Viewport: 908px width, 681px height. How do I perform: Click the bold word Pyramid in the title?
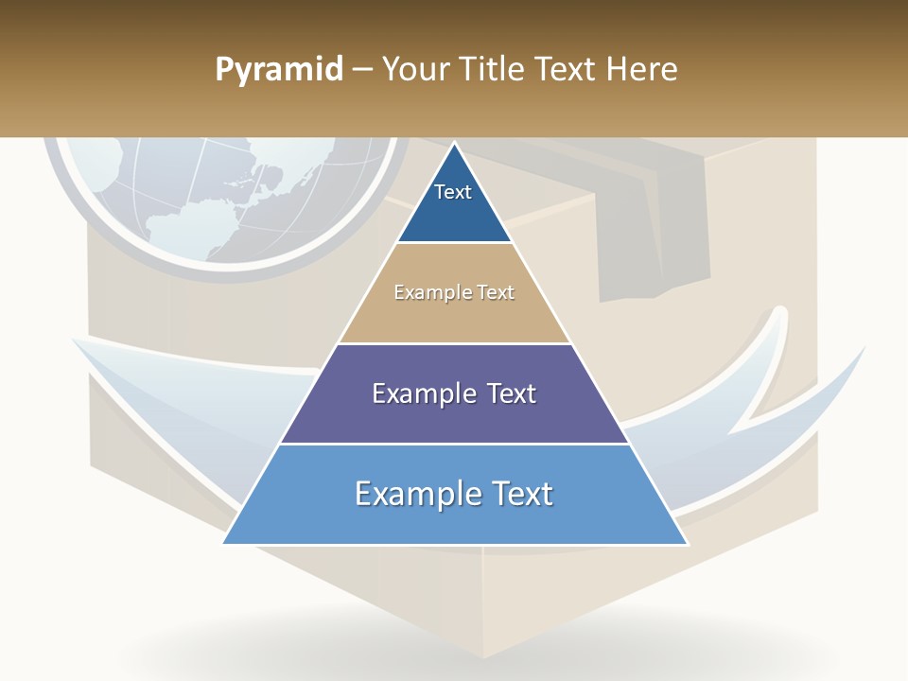tap(279, 70)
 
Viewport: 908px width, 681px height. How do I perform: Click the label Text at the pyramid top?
tap(453, 192)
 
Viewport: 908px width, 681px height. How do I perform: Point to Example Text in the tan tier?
tap(454, 292)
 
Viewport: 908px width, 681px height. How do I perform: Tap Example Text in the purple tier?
tap(454, 393)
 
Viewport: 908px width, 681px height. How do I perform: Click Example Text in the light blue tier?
tap(454, 494)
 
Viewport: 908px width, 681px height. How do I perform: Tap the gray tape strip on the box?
tap(653, 236)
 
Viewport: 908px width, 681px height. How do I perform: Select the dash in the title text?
tap(362, 70)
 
